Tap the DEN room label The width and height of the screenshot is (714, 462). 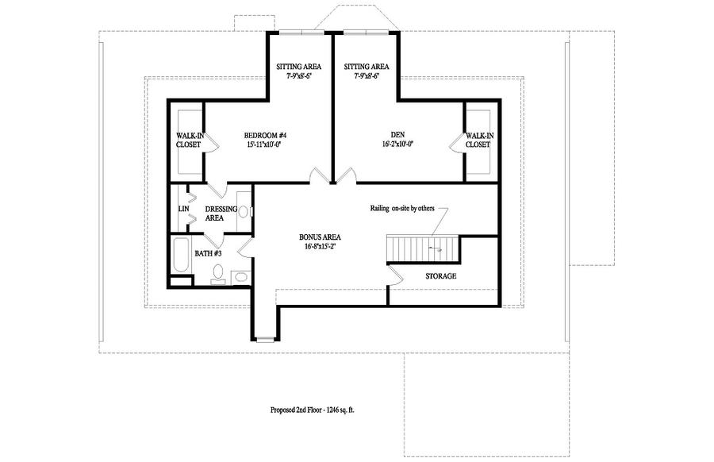tap(397, 135)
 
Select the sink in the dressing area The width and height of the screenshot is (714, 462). tap(244, 211)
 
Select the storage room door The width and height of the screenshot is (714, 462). tap(394, 274)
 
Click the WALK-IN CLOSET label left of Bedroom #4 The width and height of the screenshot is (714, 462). tap(188, 140)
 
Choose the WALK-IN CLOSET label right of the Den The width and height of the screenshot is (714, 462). tap(478, 140)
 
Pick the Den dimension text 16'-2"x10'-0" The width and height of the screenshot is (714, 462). tap(397, 144)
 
